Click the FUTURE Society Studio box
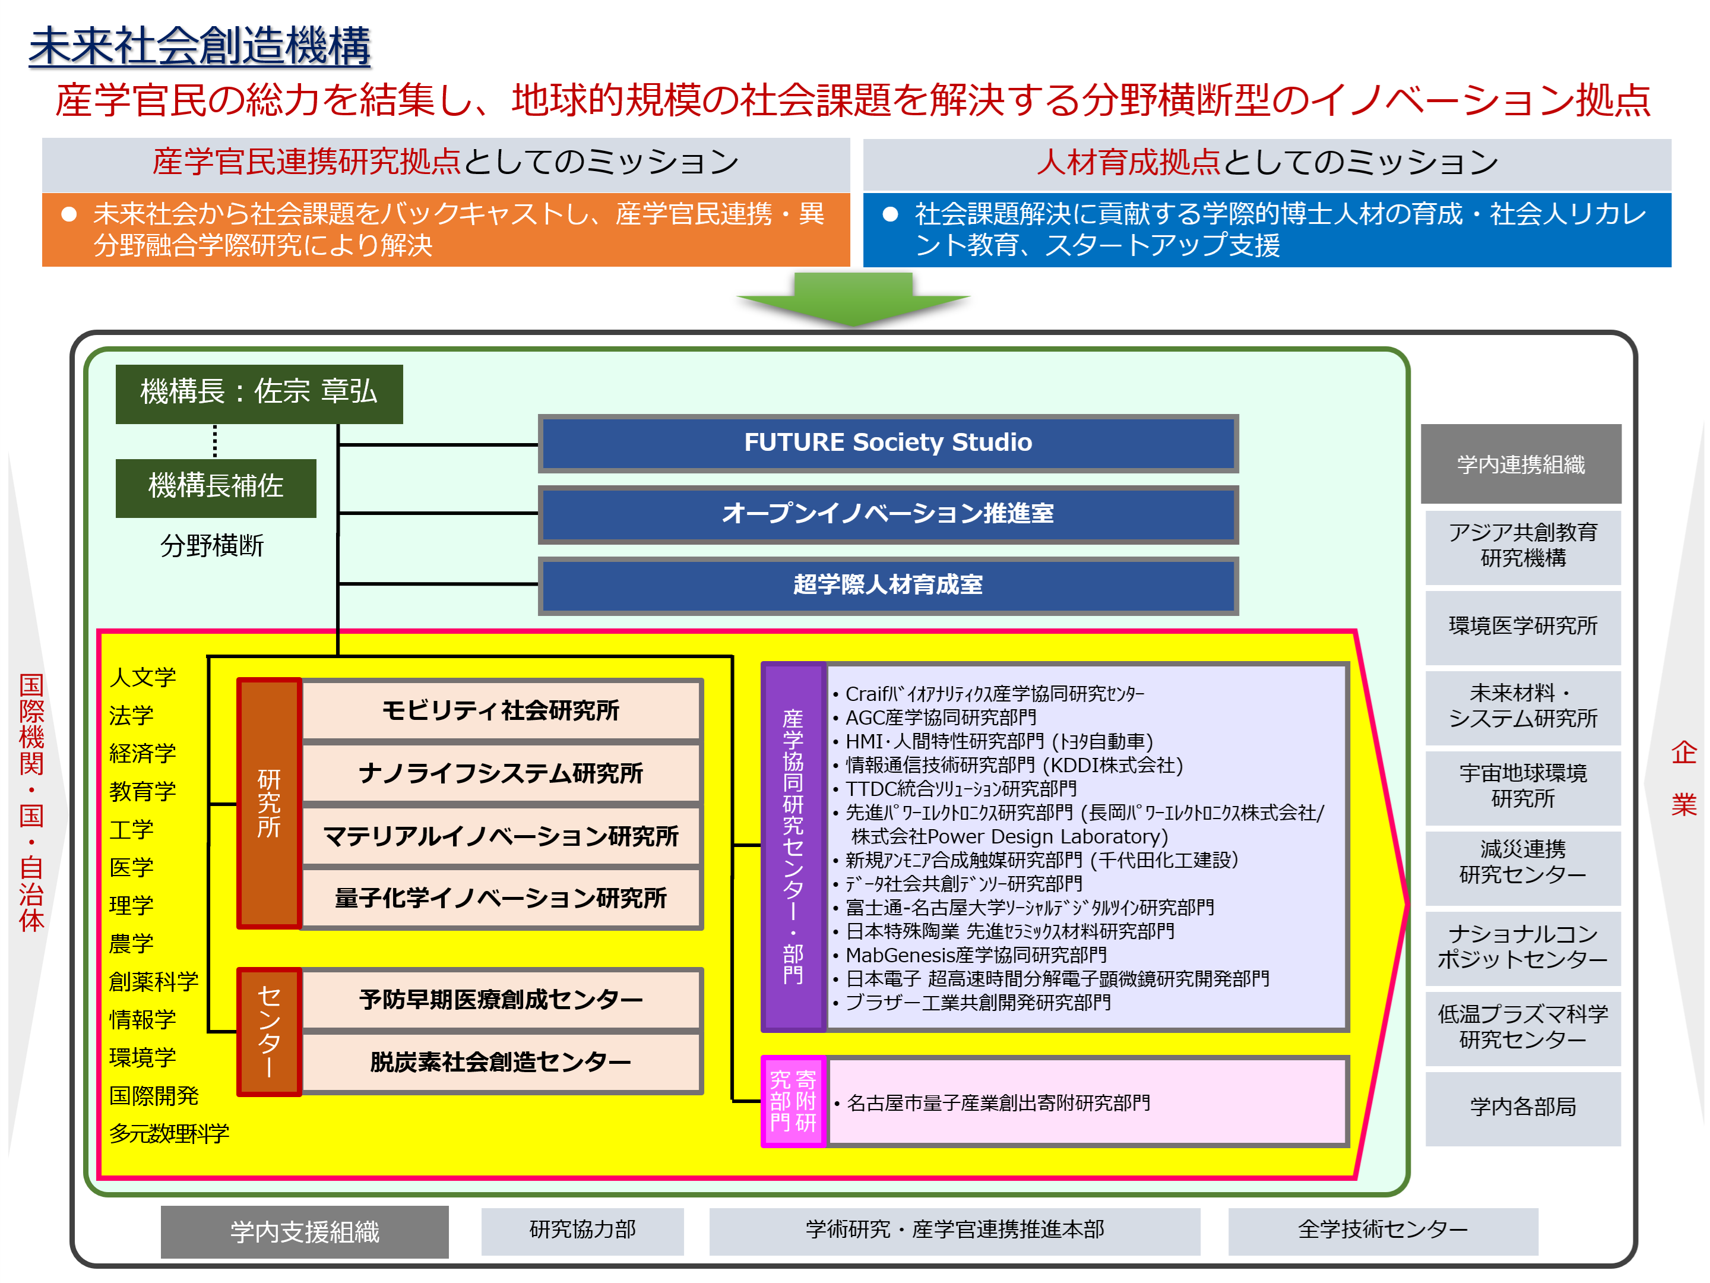[888, 443]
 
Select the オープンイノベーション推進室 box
[888, 514]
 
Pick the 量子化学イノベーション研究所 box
[501, 899]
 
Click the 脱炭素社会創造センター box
[501, 1063]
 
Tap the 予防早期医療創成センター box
[501, 1000]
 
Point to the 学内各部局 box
[1522, 1107]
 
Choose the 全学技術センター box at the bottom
[1382, 1230]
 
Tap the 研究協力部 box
[582, 1230]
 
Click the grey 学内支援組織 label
[305, 1232]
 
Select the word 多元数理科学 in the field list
[169, 1134]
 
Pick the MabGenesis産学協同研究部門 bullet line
[976, 956]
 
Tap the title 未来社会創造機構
[199, 46]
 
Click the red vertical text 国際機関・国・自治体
[31, 802]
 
